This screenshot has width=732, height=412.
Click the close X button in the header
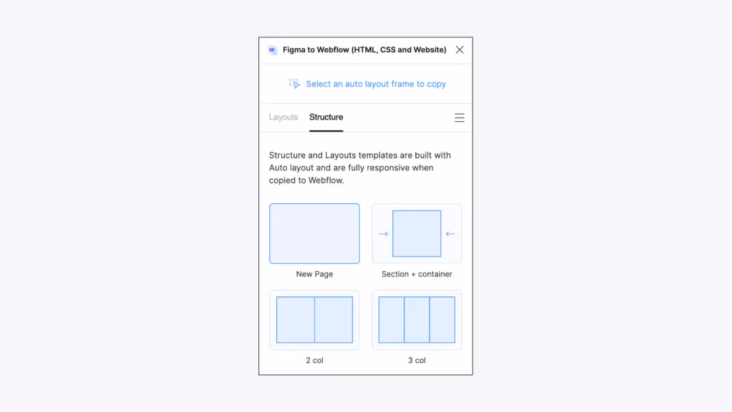pyautogui.click(x=459, y=50)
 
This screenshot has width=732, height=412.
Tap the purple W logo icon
pyautogui.click(x=272, y=50)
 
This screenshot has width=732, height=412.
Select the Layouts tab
pyautogui.click(x=283, y=117)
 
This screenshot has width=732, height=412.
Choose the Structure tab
pyautogui.click(x=326, y=117)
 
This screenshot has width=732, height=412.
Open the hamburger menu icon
pyautogui.click(x=459, y=118)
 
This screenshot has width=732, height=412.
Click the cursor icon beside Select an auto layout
pyautogui.click(x=294, y=84)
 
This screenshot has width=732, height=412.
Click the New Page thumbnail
pyautogui.click(x=314, y=234)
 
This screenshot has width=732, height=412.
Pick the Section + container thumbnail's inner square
pyautogui.click(x=417, y=234)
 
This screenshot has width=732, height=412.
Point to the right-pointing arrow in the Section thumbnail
pyautogui.click(x=383, y=234)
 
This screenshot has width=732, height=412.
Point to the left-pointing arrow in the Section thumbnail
pyautogui.click(x=450, y=234)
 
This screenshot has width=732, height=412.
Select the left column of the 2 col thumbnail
pyautogui.click(x=295, y=320)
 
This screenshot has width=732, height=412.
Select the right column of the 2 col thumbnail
pyautogui.click(x=333, y=320)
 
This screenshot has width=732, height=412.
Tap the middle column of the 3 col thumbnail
pyautogui.click(x=417, y=320)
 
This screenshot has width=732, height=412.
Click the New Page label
pyautogui.click(x=314, y=274)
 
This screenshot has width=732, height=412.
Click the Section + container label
pyautogui.click(x=417, y=274)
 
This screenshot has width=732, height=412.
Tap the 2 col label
pyautogui.click(x=314, y=360)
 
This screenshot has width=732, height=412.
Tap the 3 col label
pyautogui.click(x=417, y=360)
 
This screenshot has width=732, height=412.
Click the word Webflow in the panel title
pyautogui.click(x=333, y=50)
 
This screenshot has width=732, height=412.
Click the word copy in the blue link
pyautogui.click(x=436, y=84)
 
